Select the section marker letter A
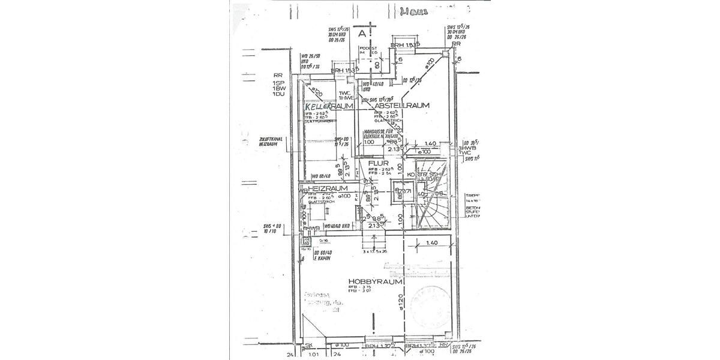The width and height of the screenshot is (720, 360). point(362,34)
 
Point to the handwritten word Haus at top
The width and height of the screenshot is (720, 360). point(414,10)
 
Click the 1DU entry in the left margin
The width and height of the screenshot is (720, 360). point(277,94)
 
